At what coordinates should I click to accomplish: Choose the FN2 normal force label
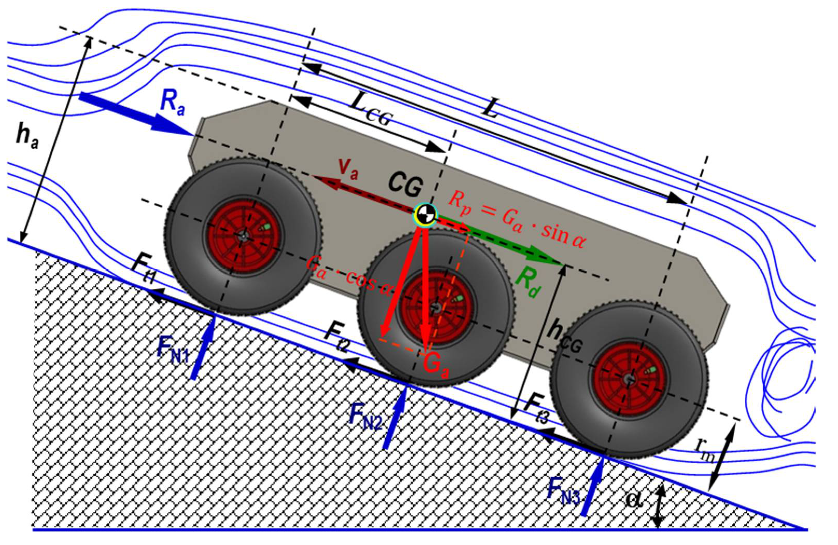click(x=365, y=417)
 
